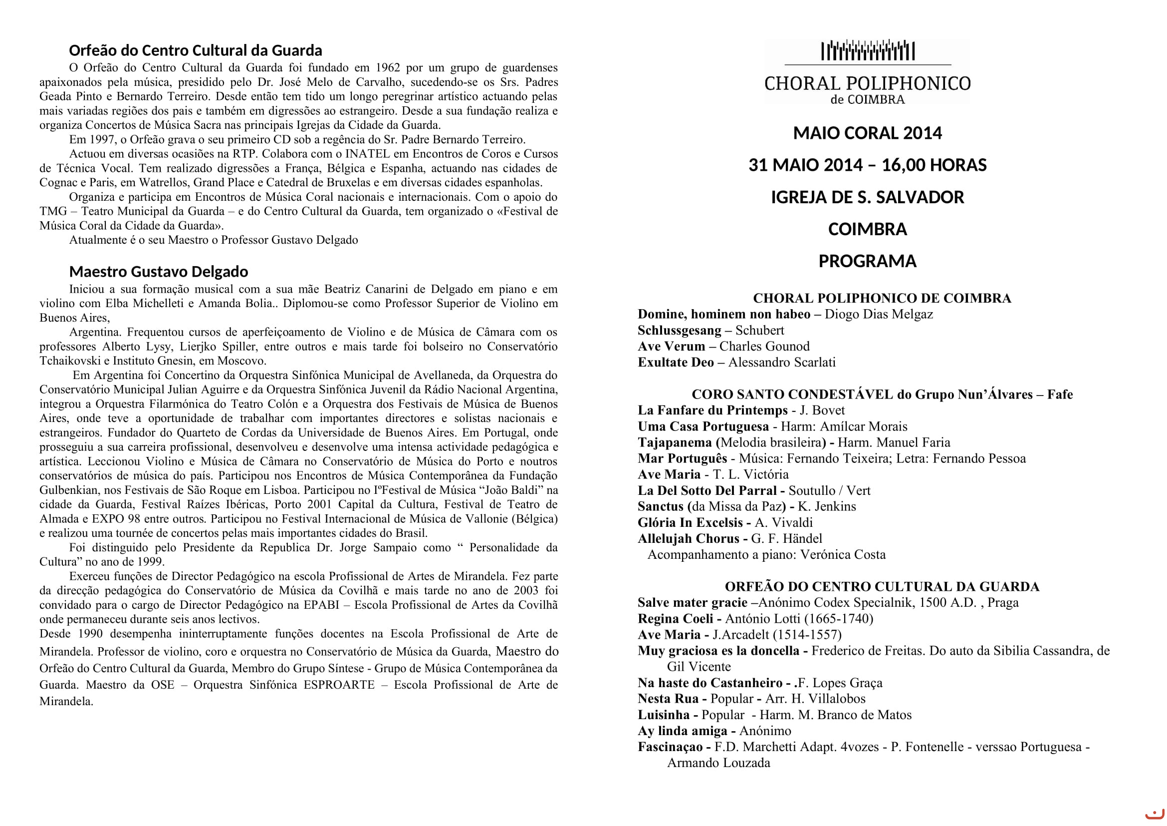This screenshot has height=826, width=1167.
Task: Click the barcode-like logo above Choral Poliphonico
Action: [868, 51]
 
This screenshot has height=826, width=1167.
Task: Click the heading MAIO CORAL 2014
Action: [867, 133]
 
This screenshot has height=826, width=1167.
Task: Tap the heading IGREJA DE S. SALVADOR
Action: [867, 197]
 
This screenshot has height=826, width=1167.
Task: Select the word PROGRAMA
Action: [867, 261]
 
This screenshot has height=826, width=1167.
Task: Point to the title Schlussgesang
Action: [679, 331]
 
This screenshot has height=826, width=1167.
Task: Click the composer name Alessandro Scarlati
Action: [782, 363]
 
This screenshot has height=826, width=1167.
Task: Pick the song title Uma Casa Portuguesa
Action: [703, 426]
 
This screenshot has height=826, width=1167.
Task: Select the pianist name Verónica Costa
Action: [843, 555]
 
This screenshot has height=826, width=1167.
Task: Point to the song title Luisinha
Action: [663, 715]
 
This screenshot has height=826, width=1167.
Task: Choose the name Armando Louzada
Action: [718, 763]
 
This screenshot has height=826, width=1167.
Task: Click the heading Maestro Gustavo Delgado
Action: [159, 272]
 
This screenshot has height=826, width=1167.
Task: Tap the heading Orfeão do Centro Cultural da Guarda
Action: [195, 50]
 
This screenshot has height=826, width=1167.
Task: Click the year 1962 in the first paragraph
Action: [386, 67]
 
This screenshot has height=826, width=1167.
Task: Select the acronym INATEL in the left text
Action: [368, 154]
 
